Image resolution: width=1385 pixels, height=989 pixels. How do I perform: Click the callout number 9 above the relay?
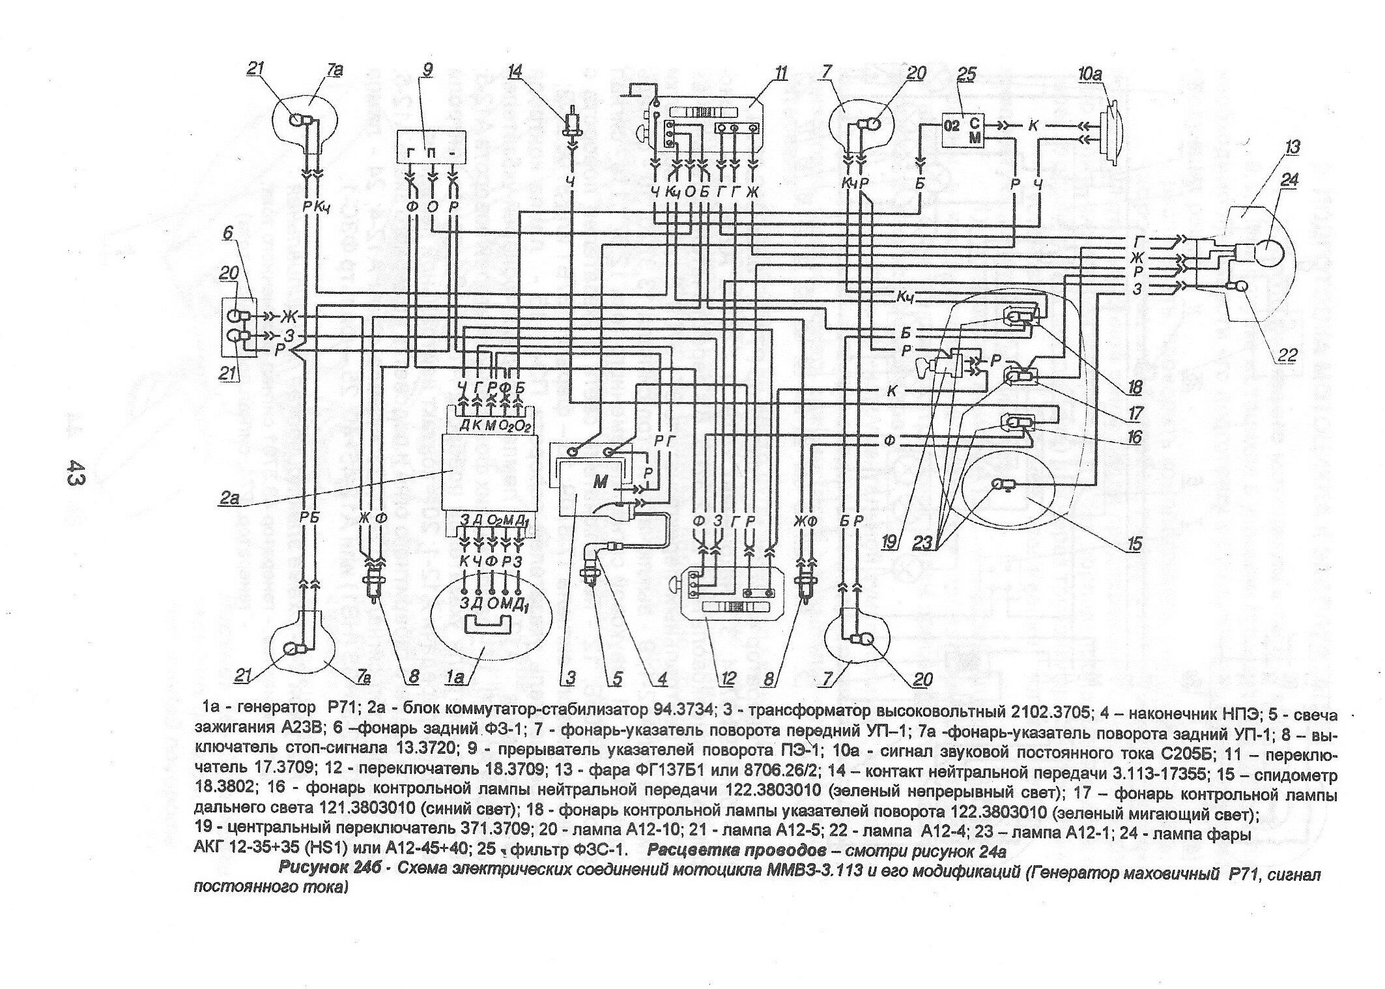tap(427, 70)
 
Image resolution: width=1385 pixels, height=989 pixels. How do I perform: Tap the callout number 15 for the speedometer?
tap(1135, 544)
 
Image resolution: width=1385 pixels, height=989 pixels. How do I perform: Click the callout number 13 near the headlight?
tap(1292, 147)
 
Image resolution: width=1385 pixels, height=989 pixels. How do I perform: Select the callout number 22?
tap(1288, 355)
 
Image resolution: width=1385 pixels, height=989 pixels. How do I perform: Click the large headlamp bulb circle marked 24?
tap(1270, 253)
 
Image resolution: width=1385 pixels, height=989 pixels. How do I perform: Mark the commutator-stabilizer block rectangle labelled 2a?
tap(490, 472)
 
